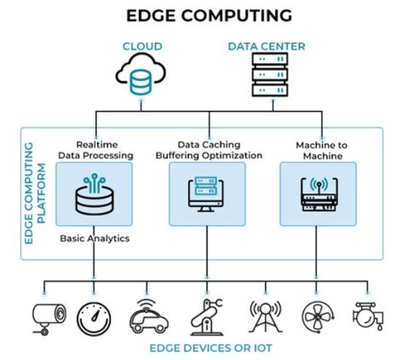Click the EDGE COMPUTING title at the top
coord(209,15)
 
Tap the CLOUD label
coord(142,46)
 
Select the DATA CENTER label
coord(266,46)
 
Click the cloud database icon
coord(140,74)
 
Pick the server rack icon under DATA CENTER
coord(270,75)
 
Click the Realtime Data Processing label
coord(96,150)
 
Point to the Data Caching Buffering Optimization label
coord(209,150)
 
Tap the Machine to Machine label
coord(321,151)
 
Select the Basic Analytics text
coord(95,238)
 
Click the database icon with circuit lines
coord(95,194)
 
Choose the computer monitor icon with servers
coord(206,194)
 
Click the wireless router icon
coord(319,194)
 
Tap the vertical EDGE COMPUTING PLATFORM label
coord(35,193)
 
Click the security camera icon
coord(49,319)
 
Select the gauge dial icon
coord(94,319)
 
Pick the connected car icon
coord(149,316)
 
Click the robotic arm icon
coord(206,317)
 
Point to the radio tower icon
coord(266,317)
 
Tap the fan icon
coord(318,317)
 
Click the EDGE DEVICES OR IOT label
coord(211,348)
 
